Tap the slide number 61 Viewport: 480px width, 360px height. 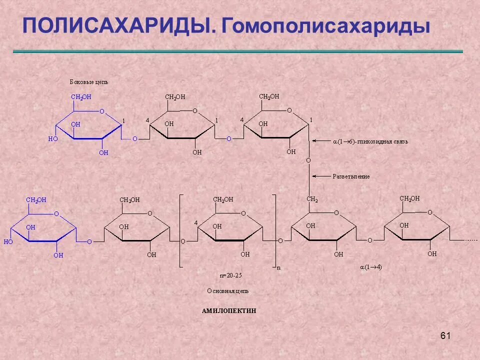[x=445, y=335]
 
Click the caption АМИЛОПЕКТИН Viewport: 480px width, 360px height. [x=229, y=311]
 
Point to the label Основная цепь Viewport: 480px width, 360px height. [x=227, y=290]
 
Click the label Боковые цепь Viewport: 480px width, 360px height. [x=89, y=81]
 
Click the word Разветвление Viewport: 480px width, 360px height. [x=351, y=176]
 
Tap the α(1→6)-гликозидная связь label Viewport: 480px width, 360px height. [x=370, y=141]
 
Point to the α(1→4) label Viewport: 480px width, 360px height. [x=371, y=267]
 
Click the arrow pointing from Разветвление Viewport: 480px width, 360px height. [x=320, y=176]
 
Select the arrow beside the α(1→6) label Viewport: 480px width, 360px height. [x=320, y=141]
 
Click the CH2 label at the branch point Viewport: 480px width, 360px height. [x=312, y=199]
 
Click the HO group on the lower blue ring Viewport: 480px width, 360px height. [x=8, y=241]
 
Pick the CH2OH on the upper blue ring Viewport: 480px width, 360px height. [x=81, y=97]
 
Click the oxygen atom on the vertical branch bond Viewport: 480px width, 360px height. [x=308, y=160]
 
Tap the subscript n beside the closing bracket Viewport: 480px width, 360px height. [x=279, y=268]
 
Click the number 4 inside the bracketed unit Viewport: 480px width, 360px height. [x=196, y=222]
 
